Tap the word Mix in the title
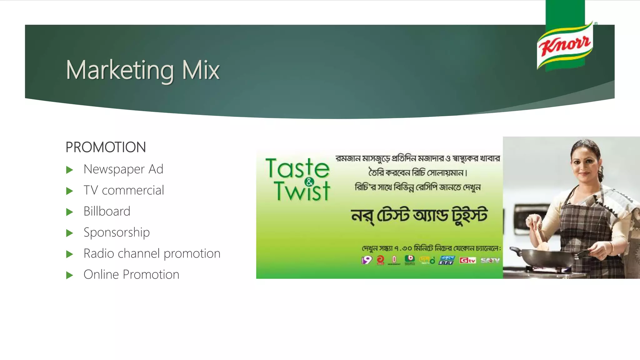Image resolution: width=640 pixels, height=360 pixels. (x=201, y=70)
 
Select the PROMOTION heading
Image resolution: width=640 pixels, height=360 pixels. (x=106, y=147)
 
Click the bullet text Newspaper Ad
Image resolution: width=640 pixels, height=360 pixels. (x=123, y=169)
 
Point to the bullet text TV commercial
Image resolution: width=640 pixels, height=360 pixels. (x=124, y=190)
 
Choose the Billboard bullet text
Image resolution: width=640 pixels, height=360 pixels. (x=107, y=212)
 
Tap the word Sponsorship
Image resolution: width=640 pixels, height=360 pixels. (x=117, y=232)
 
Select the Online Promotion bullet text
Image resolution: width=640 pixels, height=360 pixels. (x=131, y=275)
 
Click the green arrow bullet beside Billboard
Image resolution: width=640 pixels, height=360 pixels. (x=69, y=212)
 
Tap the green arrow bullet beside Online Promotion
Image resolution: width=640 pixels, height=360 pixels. (x=69, y=275)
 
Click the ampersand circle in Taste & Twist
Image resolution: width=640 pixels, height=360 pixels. (x=309, y=182)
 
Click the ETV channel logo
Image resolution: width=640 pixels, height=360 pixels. (x=447, y=260)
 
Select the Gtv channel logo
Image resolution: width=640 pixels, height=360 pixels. (x=467, y=260)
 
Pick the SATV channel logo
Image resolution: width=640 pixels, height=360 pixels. (x=490, y=260)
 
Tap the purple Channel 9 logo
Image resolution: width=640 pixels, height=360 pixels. (x=367, y=260)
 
